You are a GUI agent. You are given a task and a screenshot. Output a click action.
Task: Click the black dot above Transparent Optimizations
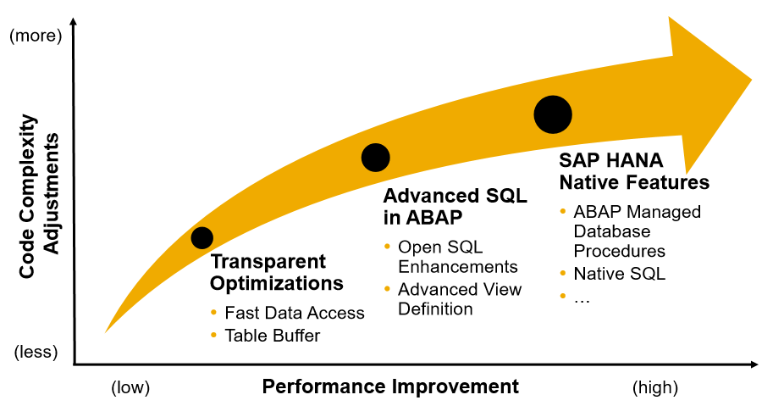[202, 237]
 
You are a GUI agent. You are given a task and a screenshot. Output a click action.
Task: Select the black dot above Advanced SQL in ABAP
[375, 157]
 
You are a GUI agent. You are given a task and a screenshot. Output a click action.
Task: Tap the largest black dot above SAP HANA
[553, 114]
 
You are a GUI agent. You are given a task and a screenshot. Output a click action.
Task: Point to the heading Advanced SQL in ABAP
[455, 206]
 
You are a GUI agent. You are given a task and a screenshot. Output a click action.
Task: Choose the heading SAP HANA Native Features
[633, 171]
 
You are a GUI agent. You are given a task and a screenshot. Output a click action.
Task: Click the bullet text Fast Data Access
[294, 313]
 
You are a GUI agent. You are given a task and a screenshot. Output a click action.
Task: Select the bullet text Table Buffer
[272, 336]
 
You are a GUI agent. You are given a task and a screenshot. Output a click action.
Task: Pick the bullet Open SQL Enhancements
[457, 257]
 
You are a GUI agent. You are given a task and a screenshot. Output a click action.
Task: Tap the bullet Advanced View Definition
[459, 299]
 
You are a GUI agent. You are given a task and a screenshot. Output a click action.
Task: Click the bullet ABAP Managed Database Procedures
[636, 231]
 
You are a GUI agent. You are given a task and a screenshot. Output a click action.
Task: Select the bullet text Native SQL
[619, 274]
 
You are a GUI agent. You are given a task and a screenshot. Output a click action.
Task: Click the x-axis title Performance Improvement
[389, 387]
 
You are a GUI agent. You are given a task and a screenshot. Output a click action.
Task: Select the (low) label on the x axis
[130, 388]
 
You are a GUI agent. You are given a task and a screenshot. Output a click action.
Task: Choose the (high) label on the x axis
[654, 388]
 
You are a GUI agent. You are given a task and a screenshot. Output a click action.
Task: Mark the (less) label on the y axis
[36, 352]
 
